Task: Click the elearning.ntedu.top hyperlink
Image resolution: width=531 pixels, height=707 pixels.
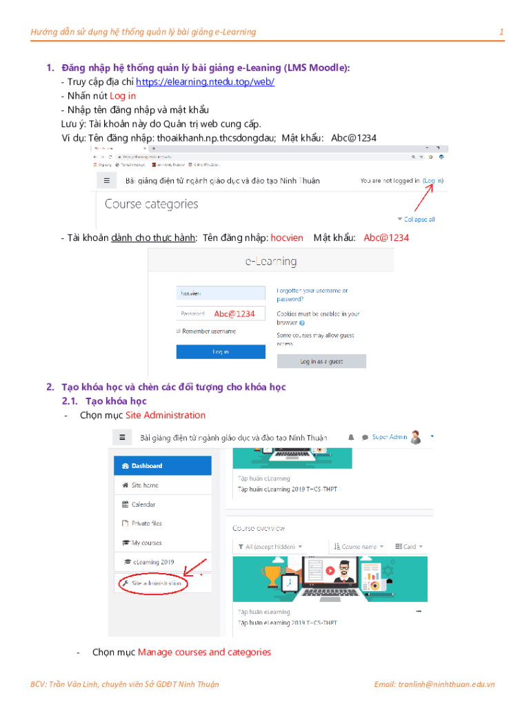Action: point(205,81)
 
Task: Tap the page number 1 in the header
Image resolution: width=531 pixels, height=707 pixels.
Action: point(501,32)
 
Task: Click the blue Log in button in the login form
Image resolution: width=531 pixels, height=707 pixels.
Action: point(221,351)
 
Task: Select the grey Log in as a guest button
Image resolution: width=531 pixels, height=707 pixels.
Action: point(321,361)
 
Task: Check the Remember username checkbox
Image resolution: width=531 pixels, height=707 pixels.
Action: point(179,331)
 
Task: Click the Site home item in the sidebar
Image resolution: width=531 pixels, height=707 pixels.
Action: point(145,485)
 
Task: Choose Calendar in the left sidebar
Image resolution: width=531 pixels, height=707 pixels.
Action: point(143,505)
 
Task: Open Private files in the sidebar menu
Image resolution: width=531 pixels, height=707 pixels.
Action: point(146,523)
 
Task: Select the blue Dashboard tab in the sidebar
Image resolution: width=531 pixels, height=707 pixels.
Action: point(162,466)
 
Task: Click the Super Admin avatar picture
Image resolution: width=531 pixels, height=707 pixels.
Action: point(416,437)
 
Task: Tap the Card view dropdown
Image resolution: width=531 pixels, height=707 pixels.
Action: point(409,547)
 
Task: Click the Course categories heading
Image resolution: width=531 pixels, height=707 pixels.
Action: point(151,204)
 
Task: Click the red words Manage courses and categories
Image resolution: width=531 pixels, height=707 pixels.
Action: point(204,652)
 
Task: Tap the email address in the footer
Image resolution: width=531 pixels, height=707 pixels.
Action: point(434,684)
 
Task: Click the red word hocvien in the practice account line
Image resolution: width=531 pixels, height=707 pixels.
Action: point(287,238)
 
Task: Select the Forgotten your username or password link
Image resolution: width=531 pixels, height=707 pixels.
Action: point(312,296)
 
